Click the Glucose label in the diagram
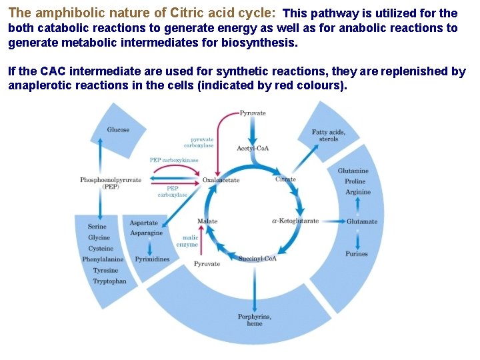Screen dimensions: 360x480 (118, 130)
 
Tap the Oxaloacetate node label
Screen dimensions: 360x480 (221, 181)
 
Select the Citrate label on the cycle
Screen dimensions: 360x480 (285, 179)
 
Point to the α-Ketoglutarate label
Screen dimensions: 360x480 (295, 221)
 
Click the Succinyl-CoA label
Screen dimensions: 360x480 (257, 259)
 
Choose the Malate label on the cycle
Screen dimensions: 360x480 (207, 221)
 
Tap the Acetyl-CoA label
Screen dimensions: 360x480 (253, 148)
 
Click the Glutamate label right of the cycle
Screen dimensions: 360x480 (362, 221)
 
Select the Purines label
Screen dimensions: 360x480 (357, 254)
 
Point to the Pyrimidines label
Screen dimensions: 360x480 (152, 259)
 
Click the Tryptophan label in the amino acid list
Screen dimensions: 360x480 (109, 281)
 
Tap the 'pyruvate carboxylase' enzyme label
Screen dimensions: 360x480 (202, 143)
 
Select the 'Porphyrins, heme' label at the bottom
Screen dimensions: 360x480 (254, 320)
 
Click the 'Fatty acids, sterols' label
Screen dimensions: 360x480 (329, 135)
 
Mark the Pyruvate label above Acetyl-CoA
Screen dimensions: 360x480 (253, 113)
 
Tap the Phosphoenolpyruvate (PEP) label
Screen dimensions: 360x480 (111, 183)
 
